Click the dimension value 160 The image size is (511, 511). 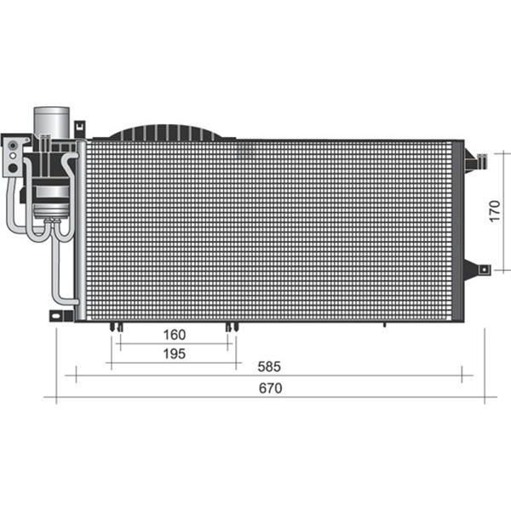click(x=175, y=335)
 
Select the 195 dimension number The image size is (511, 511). click(x=175, y=354)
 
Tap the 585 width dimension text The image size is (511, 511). click(x=269, y=366)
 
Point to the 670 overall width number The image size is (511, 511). click(x=271, y=388)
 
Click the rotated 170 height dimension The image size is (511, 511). click(x=495, y=211)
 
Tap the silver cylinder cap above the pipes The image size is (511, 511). click(x=52, y=121)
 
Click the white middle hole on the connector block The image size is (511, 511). click(x=13, y=156)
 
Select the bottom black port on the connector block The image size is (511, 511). click(x=13, y=168)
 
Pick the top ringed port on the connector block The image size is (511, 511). click(x=13, y=146)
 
